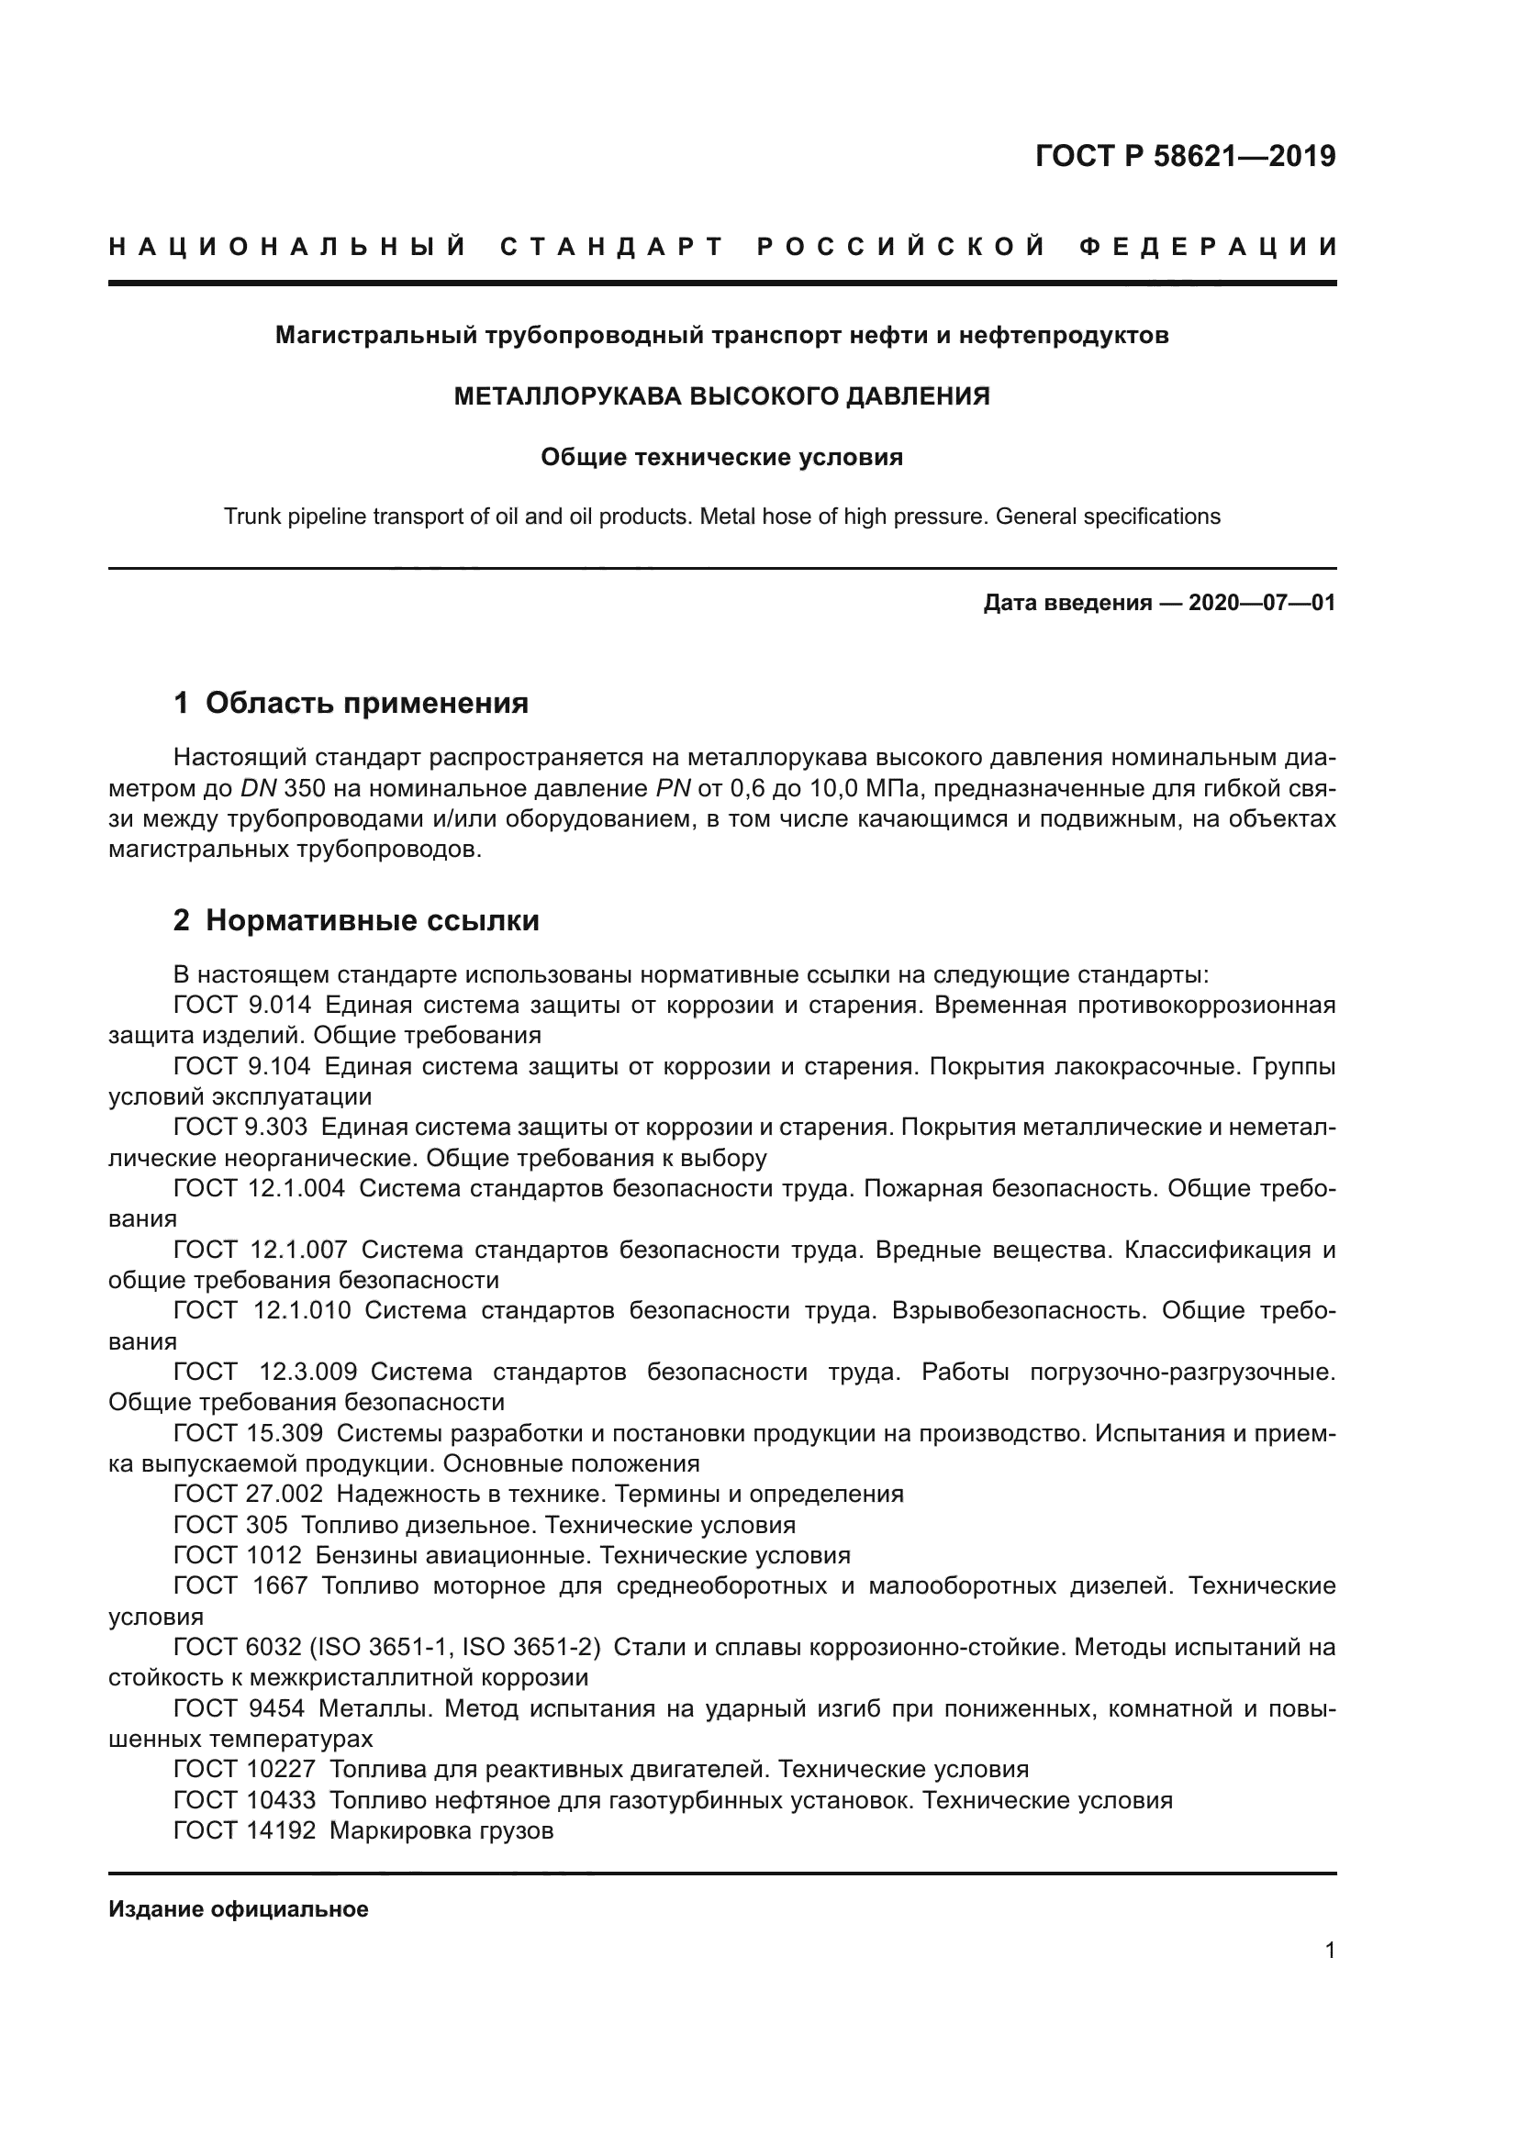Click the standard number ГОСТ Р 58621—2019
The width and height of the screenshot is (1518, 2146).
1184,156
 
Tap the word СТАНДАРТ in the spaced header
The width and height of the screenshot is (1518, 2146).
612,248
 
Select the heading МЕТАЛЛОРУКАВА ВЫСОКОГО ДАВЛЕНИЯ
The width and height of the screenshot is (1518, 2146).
721,396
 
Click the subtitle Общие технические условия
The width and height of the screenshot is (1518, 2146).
721,458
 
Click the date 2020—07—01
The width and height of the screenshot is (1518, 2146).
1261,603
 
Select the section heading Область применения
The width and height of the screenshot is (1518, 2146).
366,703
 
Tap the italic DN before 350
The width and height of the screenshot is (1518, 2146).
259,789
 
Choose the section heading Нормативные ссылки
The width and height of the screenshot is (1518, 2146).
372,920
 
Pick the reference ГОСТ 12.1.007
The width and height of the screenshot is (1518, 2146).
260,1251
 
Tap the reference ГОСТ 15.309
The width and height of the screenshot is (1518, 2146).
248,1434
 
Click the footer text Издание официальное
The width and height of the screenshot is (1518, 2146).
239,1909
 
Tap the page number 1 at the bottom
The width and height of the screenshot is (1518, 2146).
1329,1951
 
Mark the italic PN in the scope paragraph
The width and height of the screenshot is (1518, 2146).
673,789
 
